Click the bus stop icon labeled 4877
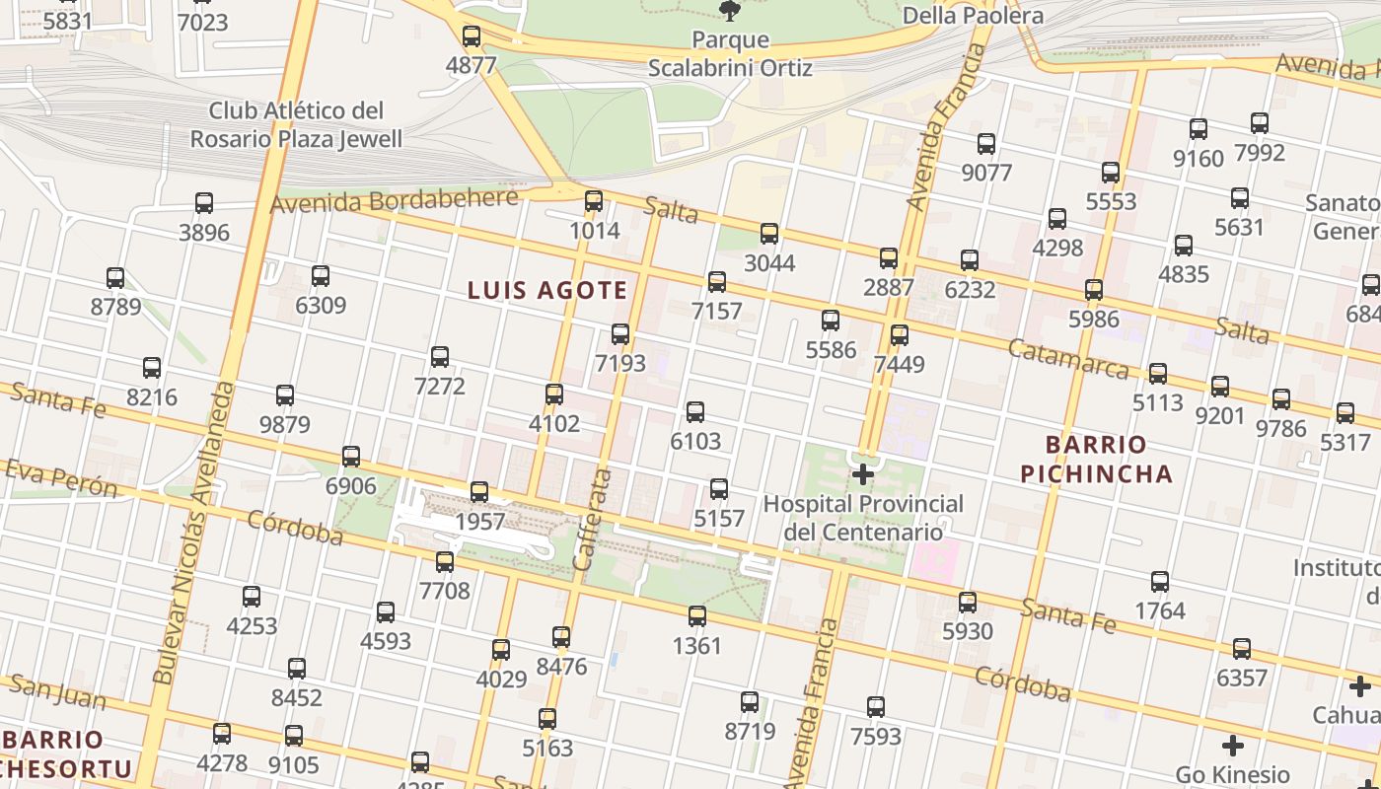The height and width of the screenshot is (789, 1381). pos(472,36)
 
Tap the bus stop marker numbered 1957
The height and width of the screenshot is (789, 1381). pos(479,491)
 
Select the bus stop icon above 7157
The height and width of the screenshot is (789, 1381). pos(717,282)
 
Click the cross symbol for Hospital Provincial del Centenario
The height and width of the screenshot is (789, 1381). pos(863,475)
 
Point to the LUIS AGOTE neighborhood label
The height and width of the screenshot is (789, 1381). pos(547,290)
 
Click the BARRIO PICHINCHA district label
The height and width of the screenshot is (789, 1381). pos(1096,459)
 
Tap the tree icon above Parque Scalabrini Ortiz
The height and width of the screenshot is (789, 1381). pos(730,11)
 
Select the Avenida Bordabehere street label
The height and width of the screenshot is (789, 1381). pos(394,201)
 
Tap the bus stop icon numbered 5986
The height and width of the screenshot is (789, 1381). pos(1093,290)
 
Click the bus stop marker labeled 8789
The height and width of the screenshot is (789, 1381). pos(115,278)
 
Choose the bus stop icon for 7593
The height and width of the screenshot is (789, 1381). pos(876,707)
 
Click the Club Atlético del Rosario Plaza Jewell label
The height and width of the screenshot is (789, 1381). pos(296,124)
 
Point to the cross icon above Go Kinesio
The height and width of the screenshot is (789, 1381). pos(1232,746)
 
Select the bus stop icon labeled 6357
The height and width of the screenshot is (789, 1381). pos(1242,649)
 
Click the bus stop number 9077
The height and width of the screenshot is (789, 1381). pos(986,173)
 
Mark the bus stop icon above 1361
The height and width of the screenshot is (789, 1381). pos(697,617)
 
